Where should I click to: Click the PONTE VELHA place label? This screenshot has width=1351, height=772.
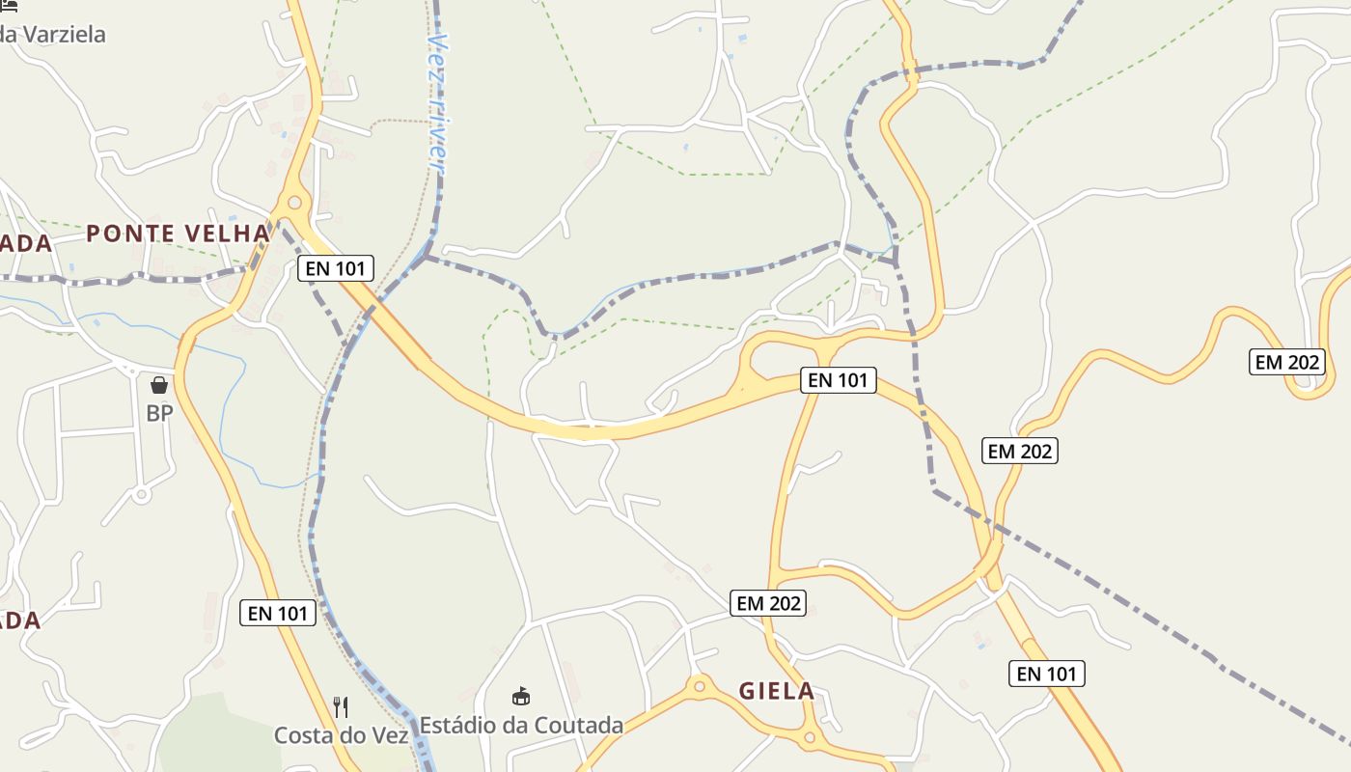[178, 234]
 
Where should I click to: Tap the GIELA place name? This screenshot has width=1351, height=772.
[777, 691]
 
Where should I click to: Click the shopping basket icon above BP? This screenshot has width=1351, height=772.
[159, 385]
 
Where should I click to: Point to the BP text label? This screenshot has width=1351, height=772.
[159, 413]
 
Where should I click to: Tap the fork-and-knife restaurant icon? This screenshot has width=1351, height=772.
[340, 707]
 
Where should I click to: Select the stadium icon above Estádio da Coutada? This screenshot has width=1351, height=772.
[521, 696]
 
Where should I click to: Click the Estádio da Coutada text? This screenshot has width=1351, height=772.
[521, 725]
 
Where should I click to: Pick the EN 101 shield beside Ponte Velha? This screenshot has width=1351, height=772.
[335, 268]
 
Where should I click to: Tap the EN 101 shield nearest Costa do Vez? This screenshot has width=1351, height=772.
[278, 613]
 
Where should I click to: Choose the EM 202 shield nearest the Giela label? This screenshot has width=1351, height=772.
[768, 603]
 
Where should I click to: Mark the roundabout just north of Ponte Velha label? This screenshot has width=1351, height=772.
[294, 204]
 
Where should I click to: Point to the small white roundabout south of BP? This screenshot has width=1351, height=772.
[142, 495]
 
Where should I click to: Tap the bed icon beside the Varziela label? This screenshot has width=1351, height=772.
[8, 5]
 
